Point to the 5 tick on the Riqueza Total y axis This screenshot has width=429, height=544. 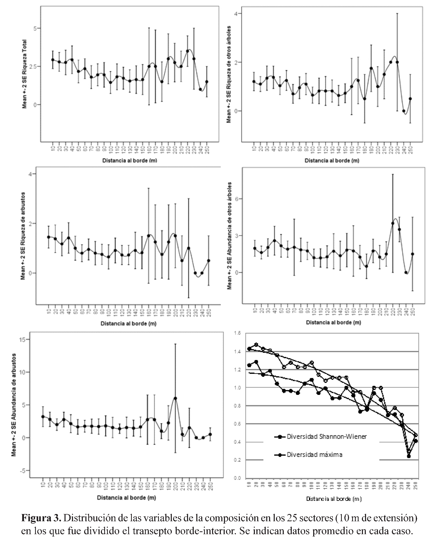pyautogui.click(x=35, y=28)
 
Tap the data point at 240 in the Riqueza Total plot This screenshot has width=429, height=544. pyautogui.click(x=200, y=89)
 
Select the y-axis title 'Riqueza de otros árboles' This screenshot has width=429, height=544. pyautogui.click(x=228, y=74)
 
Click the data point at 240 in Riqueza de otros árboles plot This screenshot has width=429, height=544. pyautogui.click(x=404, y=111)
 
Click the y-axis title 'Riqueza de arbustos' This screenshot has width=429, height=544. pyautogui.click(x=23, y=235)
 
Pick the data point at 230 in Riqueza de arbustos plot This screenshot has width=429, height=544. pyautogui.click(x=195, y=273)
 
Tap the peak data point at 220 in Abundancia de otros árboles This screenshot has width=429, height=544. pyautogui.click(x=393, y=223)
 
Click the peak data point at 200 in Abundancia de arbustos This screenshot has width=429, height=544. pyautogui.click(x=175, y=398)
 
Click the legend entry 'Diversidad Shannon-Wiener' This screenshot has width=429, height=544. pyautogui.click(x=327, y=436)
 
